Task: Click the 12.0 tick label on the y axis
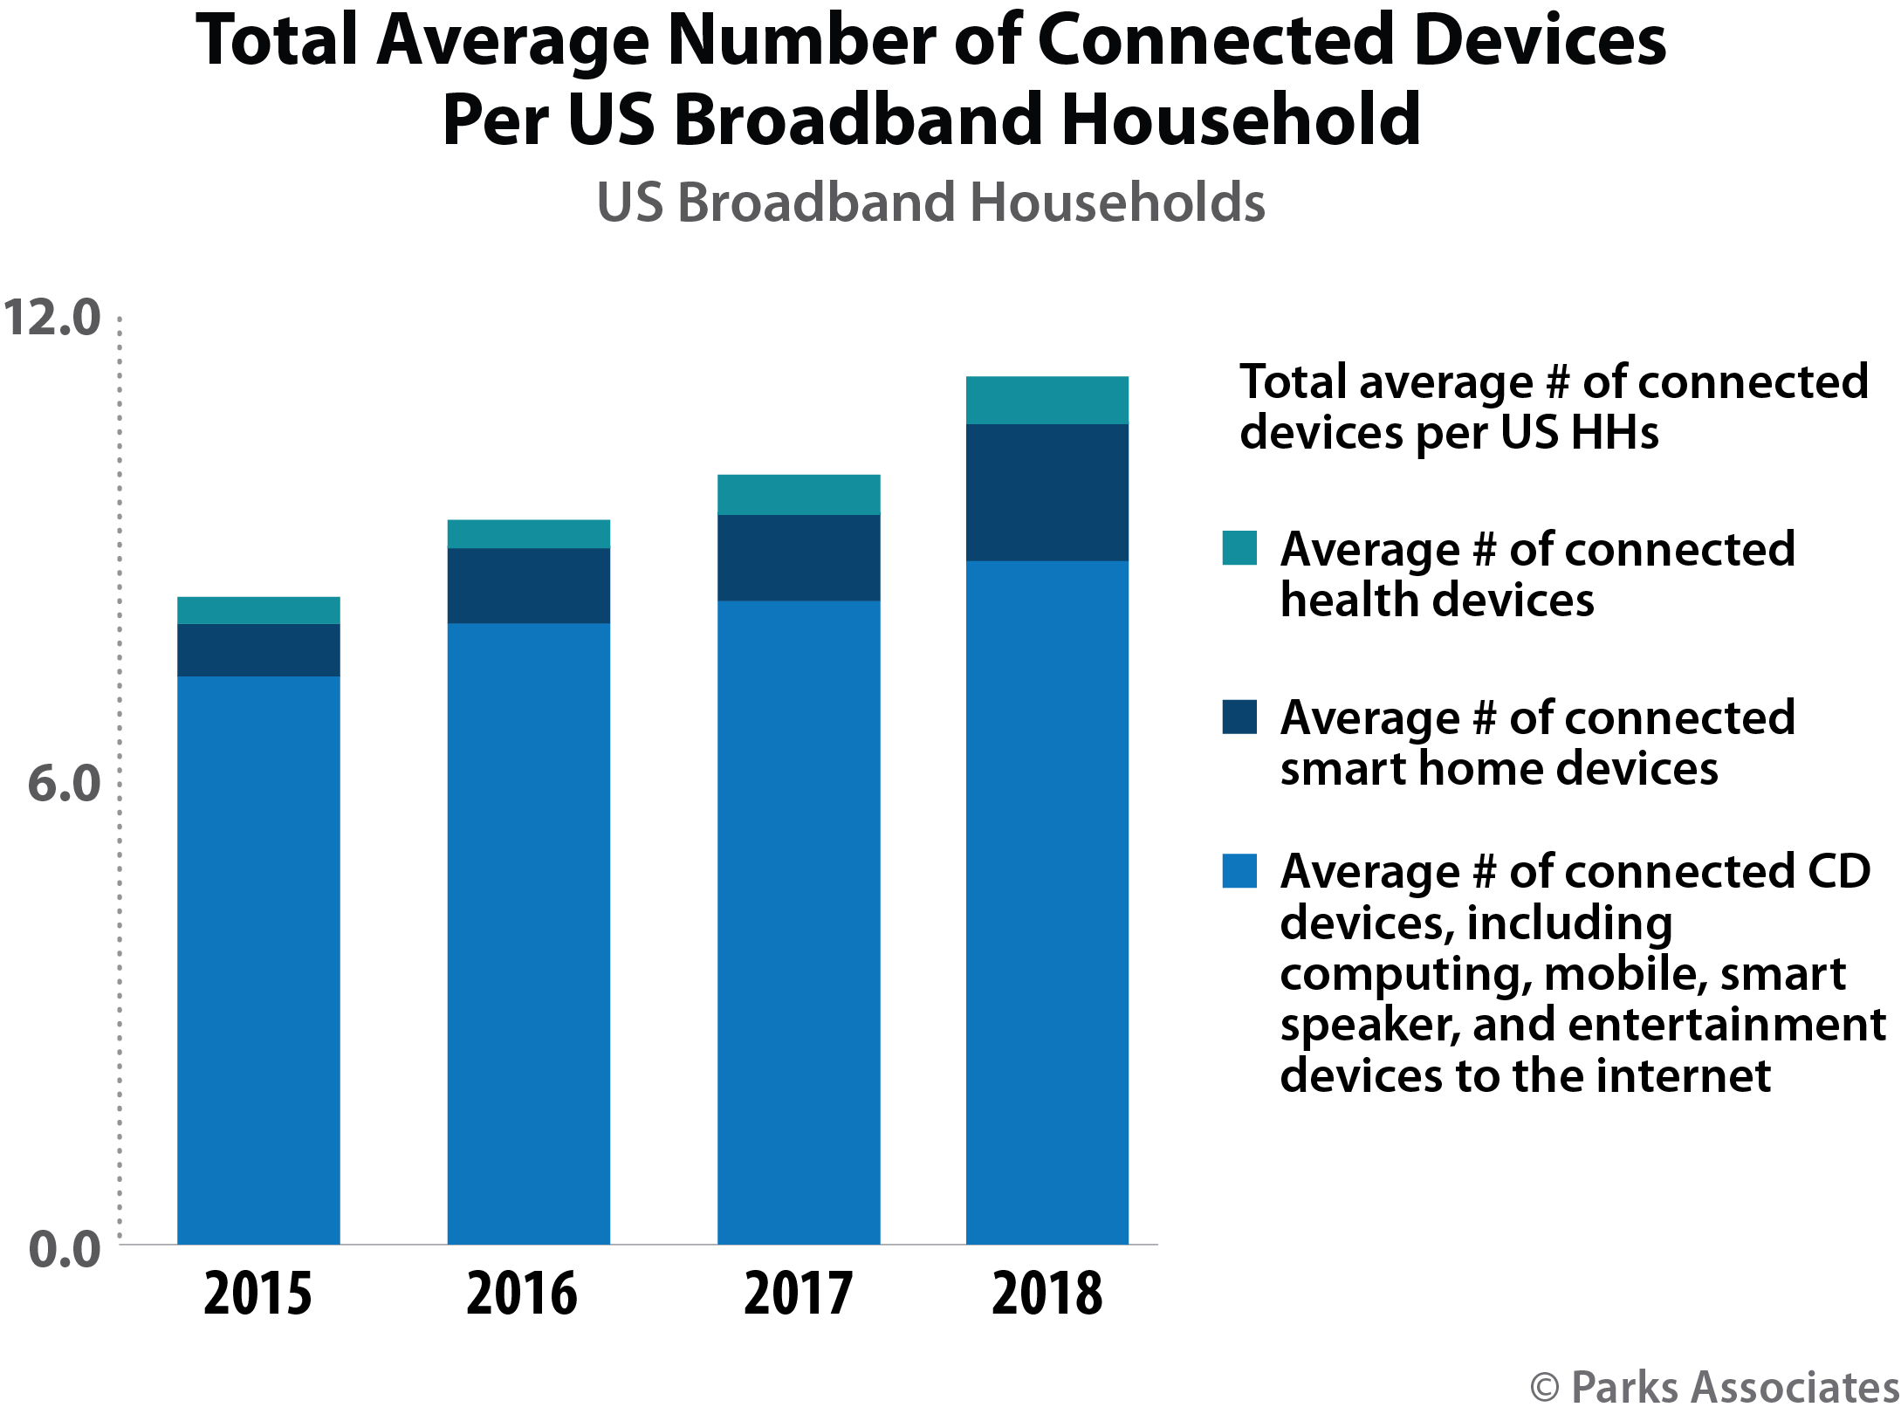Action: [51, 317]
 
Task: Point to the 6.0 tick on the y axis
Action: [64, 783]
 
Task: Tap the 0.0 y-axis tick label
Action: [64, 1249]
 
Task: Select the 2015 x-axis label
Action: [257, 1294]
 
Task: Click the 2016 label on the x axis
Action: [522, 1294]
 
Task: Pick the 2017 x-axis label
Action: [798, 1294]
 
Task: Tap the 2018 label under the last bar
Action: [1047, 1294]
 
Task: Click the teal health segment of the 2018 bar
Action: [1047, 401]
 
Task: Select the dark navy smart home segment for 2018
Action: [1047, 492]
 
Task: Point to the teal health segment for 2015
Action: [258, 610]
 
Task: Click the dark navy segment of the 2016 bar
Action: [528, 586]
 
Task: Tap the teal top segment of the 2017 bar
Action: [798, 495]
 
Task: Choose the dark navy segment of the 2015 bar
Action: [258, 650]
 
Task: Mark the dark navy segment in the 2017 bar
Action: [798, 558]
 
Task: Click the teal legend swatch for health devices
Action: [1239, 549]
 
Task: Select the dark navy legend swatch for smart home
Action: [1239, 717]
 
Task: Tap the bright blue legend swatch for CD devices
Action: [1239, 871]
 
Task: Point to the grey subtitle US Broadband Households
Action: [930, 202]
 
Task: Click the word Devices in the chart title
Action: [1540, 41]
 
